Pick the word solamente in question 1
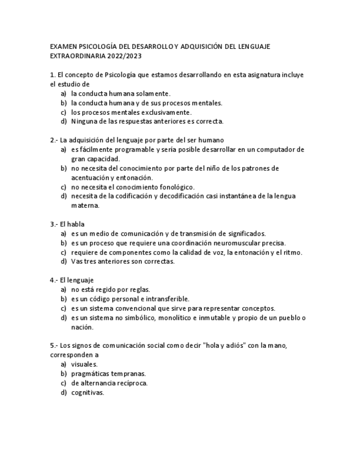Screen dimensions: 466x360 (x=151, y=93)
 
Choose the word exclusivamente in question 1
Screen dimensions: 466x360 (x=164, y=112)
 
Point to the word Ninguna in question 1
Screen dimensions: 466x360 (x=84, y=121)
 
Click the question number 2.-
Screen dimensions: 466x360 (x=53, y=140)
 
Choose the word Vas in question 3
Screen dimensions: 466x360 (x=77, y=262)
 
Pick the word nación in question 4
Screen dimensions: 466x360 (x=82, y=327)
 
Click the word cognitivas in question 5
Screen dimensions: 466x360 (x=87, y=392)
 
